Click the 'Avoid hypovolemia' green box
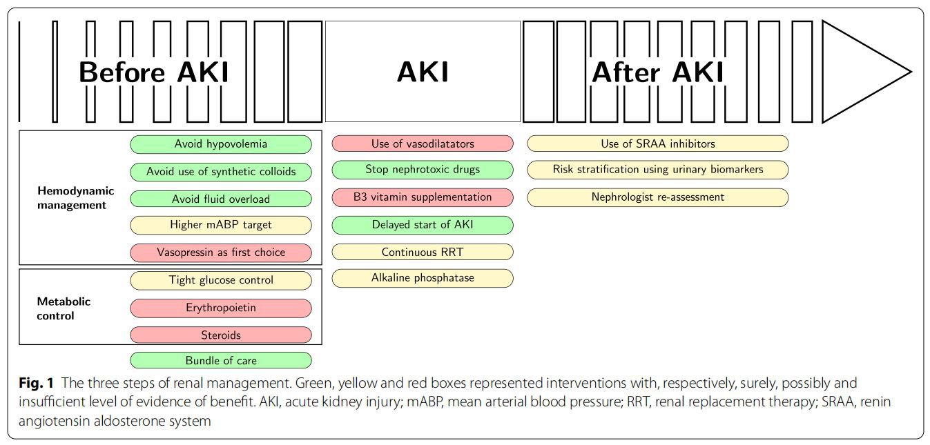[x=221, y=144]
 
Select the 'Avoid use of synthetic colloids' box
[x=221, y=172]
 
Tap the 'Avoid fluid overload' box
[x=221, y=199]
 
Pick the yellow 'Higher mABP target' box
[x=221, y=225]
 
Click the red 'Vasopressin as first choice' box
[x=221, y=252]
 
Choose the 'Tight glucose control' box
[x=221, y=280]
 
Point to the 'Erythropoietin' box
[x=221, y=308]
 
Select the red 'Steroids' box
[x=221, y=335]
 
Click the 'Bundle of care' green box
[x=221, y=360]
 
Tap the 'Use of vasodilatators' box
[x=423, y=144]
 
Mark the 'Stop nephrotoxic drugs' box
[x=423, y=169]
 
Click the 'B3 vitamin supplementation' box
[x=423, y=197]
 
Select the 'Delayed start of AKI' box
[x=423, y=224]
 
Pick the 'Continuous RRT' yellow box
[x=423, y=252]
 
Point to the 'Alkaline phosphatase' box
[x=423, y=278]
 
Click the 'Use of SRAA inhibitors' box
[x=657, y=144]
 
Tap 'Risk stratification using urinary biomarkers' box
[x=657, y=169]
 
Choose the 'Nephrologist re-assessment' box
[x=657, y=197]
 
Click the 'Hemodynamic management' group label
[x=76, y=197]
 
